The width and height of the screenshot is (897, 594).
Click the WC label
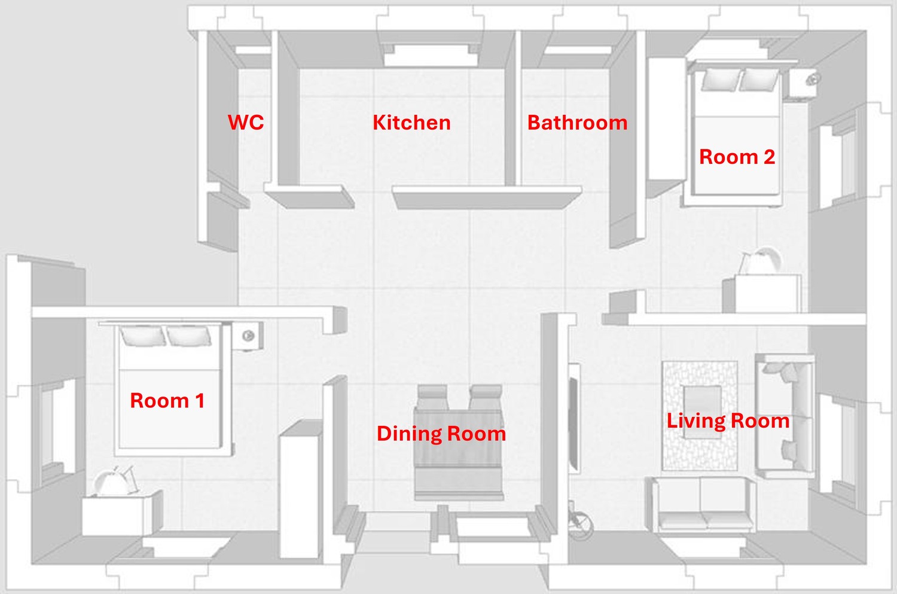246,122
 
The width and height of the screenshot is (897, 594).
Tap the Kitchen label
411,123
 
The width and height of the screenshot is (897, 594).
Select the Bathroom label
578,123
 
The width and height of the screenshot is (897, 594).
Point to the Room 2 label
737,157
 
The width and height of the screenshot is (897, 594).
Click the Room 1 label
167,401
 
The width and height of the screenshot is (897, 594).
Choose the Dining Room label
441,434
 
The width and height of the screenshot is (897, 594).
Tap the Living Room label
728,421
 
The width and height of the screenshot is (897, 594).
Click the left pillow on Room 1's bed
142,336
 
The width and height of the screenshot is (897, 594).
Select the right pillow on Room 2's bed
758,80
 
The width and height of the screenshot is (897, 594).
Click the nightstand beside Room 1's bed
247,336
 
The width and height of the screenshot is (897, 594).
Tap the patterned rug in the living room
700,416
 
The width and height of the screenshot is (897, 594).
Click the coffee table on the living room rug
703,412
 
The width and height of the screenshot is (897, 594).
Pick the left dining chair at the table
432,397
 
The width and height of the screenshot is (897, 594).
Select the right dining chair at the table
486,397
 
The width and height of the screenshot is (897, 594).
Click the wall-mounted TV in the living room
574,419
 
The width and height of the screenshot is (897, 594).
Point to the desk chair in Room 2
759,261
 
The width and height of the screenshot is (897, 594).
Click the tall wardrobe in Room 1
301,489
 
